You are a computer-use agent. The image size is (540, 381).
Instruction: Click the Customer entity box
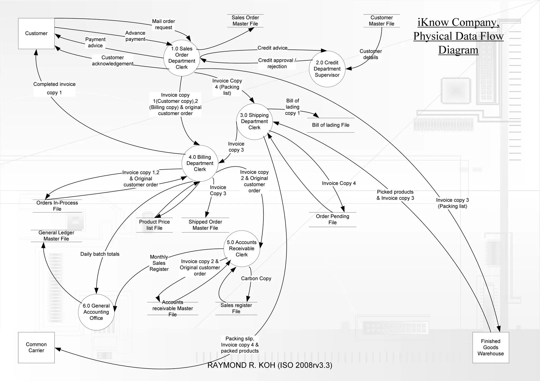click(x=36, y=33)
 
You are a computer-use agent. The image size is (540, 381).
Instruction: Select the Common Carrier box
click(x=36, y=347)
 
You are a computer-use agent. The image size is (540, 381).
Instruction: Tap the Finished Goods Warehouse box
click(x=490, y=347)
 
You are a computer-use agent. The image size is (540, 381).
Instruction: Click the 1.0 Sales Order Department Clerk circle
click(x=182, y=58)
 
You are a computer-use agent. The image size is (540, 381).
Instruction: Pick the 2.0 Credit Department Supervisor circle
click(x=327, y=69)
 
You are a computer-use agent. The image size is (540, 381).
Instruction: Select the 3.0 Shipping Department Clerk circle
click(x=254, y=121)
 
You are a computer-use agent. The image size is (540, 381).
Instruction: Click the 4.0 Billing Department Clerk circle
click(x=200, y=163)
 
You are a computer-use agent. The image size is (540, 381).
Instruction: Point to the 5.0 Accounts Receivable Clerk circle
click(x=242, y=249)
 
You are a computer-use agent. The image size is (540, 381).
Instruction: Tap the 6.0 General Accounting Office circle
click(x=96, y=312)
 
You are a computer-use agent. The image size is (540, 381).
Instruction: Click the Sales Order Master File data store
click(x=245, y=21)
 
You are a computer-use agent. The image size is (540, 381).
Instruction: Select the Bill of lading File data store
click(x=331, y=125)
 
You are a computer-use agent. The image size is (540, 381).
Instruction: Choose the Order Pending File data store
click(x=332, y=219)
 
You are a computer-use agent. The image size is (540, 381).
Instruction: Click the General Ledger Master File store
click(x=56, y=236)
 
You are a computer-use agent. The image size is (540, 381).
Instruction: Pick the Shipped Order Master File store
click(x=205, y=225)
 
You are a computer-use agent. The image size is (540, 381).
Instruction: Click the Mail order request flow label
click(x=163, y=24)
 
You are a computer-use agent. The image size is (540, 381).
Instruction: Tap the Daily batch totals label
click(x=100, y=254)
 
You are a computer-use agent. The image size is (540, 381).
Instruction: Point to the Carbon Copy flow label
click(x=256, y=278)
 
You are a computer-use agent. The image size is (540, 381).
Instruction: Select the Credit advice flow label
click(x=272, y=48)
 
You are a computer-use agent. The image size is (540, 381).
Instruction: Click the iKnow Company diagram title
click(x=458, y=36)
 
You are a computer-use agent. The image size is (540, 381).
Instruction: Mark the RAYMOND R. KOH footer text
click(x=270, y=365)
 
